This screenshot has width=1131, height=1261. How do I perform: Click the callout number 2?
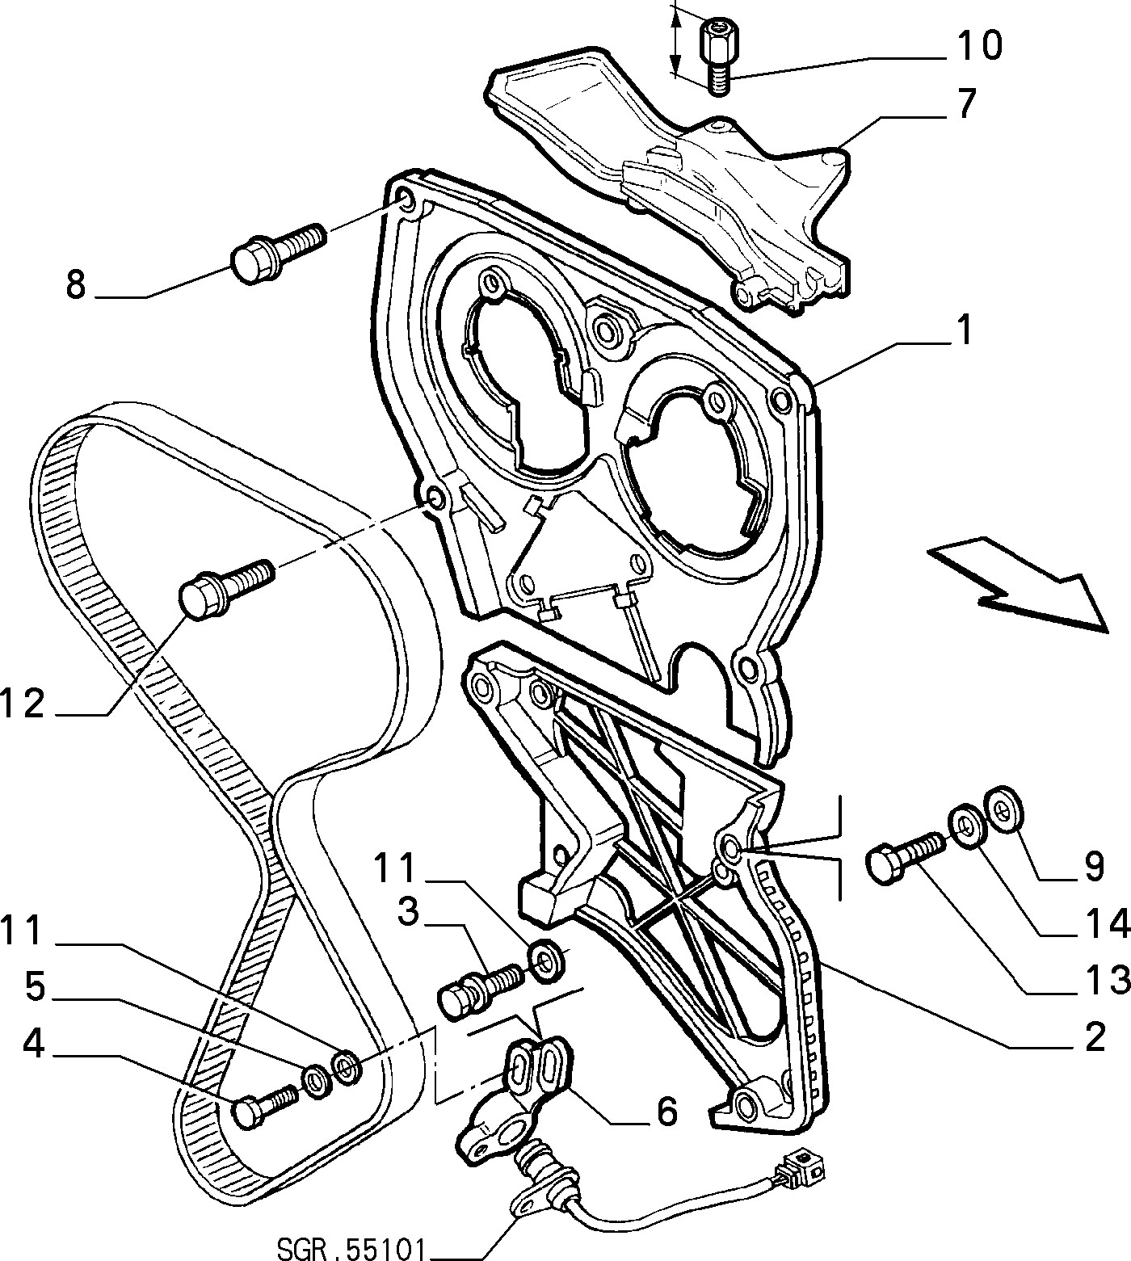click(1095, 1036)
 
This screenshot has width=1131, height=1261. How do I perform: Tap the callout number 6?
click(666, 1111)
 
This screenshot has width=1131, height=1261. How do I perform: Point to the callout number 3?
click(407, 914)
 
